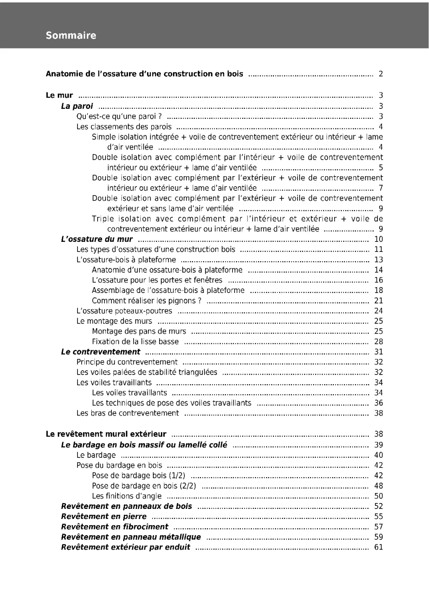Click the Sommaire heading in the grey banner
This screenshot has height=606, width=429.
pos(71,36)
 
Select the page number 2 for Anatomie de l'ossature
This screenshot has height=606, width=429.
pos(380,74)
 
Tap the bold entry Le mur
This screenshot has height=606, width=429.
pos(59,95)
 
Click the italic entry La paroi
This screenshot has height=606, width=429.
pos(77,106)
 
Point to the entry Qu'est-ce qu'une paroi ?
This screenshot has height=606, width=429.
pos(119,117)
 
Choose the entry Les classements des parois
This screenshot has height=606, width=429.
pos(124,127)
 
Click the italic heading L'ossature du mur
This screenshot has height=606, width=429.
pos(97,239)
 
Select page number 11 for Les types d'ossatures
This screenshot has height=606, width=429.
pos(378,249)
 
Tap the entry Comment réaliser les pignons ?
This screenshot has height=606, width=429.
pos(147,300)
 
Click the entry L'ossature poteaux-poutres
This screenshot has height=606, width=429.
pos(124,311)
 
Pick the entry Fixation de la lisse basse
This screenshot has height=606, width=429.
pos(135,342)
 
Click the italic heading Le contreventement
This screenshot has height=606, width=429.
pos(101,352)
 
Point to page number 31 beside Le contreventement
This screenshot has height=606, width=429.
pos(378,352)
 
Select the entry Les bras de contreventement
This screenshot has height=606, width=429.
pos(127,413)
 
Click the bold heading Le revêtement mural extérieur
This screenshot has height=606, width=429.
pos(106,434)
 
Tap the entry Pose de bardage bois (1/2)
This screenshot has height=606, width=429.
pos(139,475)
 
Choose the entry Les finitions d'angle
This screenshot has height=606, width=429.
pos(127,496)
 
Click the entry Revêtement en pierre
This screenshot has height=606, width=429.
pos(103,516)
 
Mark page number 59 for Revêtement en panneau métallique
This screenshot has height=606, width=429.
pos(378,537)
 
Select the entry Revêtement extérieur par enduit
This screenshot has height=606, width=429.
pos(125,547)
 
